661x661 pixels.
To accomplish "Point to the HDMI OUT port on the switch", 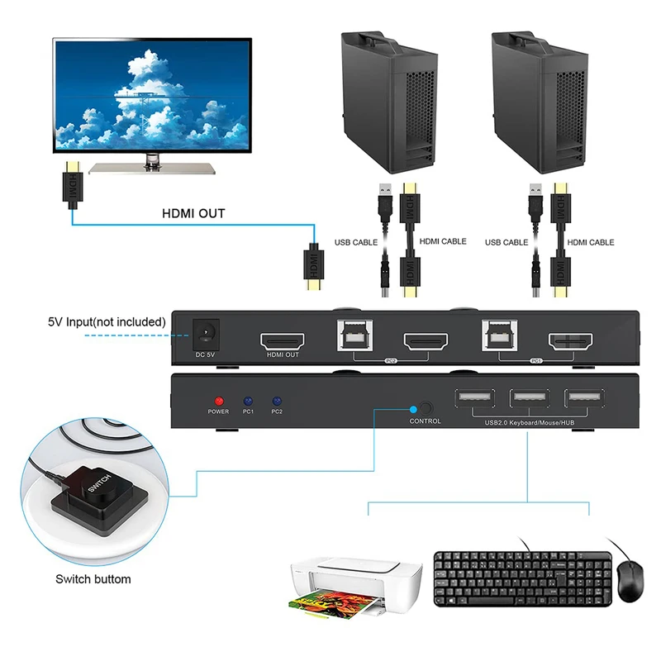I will pyautogui.click(x=283, y=340).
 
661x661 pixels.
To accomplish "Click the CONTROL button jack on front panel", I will pyautogui.click(x=426, y=407).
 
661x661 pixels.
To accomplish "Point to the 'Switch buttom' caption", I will pyautogui.click(x=93, y=579).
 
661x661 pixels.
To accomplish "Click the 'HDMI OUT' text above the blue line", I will pyautogui.click(x=193, y=213).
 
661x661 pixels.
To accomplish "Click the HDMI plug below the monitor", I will pyautogui.click(x=72, y=187).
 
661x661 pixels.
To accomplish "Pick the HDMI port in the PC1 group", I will pyautogui.click(x=571, y=341).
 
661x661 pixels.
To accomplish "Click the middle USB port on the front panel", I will pyautogui.click(x=530, y=399).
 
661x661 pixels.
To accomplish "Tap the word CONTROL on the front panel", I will pyautogui.click(x=426, y=421).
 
